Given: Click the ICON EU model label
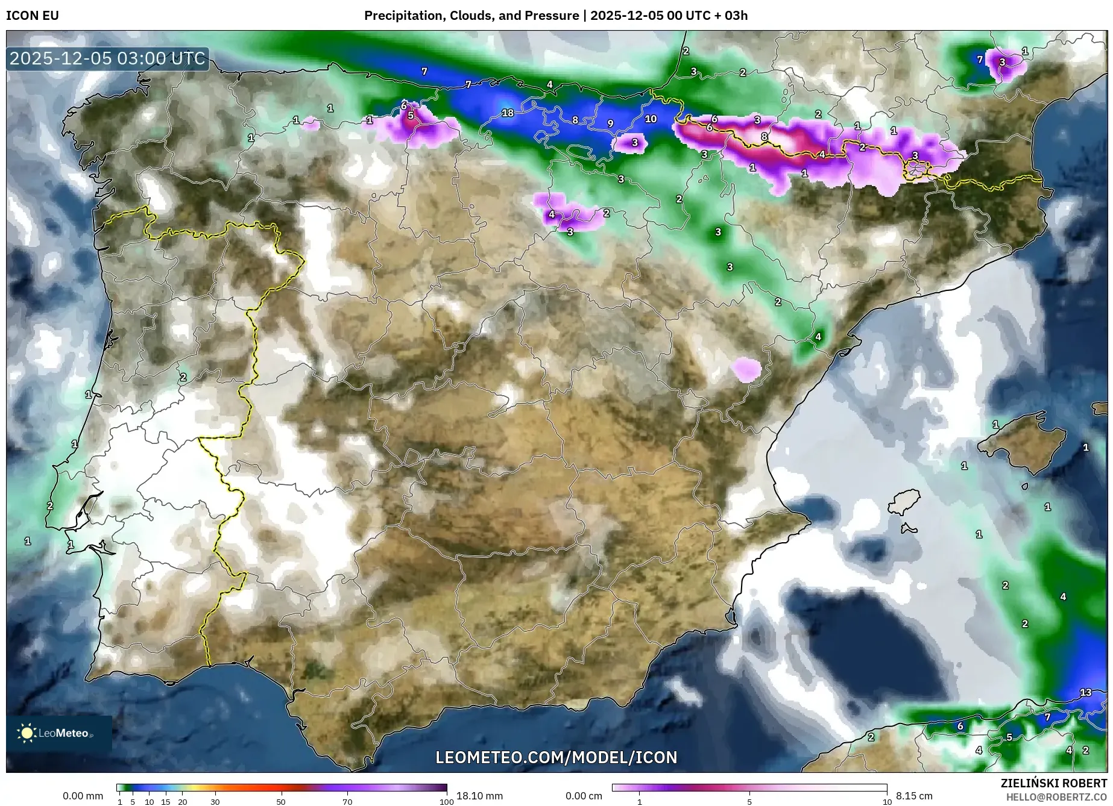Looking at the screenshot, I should click(33, 16).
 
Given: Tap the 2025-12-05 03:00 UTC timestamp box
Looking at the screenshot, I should click(108, 58).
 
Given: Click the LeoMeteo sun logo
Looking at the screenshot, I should click(27, 733).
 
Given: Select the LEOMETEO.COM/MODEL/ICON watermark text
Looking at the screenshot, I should click(556, 757).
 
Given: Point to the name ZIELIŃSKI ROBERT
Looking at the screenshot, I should click(1053, 783).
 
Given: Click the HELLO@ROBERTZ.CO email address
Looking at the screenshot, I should click(1056, 796).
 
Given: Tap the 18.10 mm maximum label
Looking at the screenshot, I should click(479, 796).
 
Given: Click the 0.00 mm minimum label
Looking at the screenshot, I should click(83, 796).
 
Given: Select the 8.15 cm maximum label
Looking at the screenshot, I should click(913, 796).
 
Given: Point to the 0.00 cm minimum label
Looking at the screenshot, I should click(584, 796).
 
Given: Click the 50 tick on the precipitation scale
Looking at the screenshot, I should click(281, 801).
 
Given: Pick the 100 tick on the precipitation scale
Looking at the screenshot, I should click(446, 801).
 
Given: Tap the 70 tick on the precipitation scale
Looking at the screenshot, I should click(347, 801).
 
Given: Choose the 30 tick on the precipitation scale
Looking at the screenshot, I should click(215, 801).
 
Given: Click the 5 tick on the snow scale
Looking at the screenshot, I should click(749, 801).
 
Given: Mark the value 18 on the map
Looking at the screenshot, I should click(508, 113).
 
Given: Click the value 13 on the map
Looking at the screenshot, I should click(1085, 692).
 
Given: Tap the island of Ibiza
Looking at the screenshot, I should click(904, 501).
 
